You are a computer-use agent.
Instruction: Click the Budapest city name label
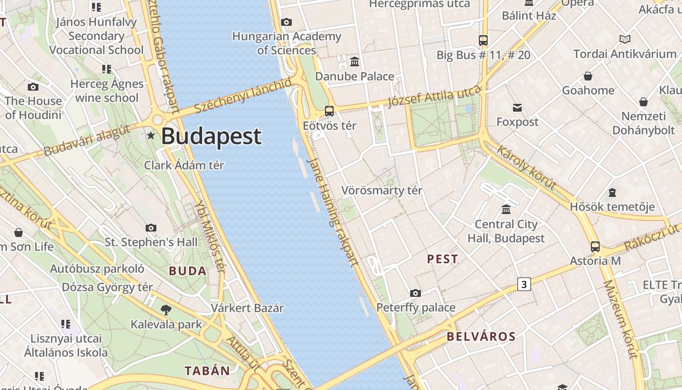point(211,136)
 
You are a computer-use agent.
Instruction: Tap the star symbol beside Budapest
point(152,136)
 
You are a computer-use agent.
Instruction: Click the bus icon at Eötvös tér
point(329,111)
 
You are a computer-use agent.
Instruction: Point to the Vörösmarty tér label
point(381,190)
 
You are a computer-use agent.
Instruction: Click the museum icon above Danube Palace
point(355,61)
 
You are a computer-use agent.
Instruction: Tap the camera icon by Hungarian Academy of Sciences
point(286,22)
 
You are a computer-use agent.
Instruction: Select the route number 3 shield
point(524,284)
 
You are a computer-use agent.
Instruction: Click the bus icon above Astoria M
point(595,246)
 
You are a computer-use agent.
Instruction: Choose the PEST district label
point(442,259)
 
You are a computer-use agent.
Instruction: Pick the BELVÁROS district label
point(481,336)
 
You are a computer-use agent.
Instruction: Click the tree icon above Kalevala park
point(166,309)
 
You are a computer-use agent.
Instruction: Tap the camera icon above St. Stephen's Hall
point(151,228)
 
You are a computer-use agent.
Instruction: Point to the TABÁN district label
point(207,370)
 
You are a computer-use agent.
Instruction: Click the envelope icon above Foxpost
point(517,107)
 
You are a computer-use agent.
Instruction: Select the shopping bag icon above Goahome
point(588,76)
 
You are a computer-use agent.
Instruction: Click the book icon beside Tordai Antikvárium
point(625,39)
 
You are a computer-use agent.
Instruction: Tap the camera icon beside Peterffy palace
point(415,293)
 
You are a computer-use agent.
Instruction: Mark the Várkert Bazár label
point(247,308)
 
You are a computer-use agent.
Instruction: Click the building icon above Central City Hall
point(506,209)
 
